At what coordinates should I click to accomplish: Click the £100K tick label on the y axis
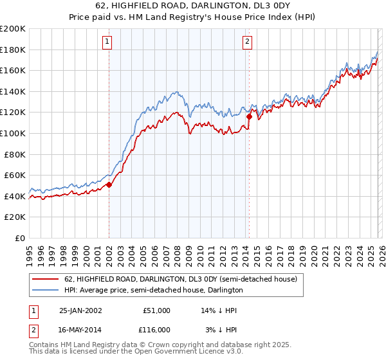(13, 133)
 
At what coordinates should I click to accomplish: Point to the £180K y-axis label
(13, 50)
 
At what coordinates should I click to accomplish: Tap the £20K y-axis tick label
(15, 217)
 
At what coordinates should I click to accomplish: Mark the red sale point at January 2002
(109, 184)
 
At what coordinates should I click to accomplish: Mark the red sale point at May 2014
(249, 116)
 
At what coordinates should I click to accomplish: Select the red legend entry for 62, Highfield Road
(180, 280)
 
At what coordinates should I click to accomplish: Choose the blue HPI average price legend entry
(153, 291)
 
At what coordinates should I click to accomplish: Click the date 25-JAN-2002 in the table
(80, 310)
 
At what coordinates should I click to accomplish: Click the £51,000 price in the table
(157, 310)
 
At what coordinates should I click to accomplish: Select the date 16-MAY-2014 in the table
(80, 329)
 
